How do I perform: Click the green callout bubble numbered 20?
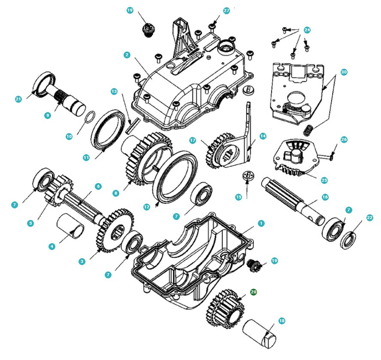(254, 292)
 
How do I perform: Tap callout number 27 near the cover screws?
(227, 10)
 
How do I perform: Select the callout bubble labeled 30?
(344, 72)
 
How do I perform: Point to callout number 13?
(114, 91)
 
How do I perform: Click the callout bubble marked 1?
(261, 223)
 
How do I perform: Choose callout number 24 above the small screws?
(307, 30)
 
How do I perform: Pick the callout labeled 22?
(370, 218)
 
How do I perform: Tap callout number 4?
(52, 246)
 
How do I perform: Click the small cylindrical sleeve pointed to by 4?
(72, 225)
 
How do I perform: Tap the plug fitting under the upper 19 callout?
(148, 30)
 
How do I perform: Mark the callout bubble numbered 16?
(325, 197)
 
